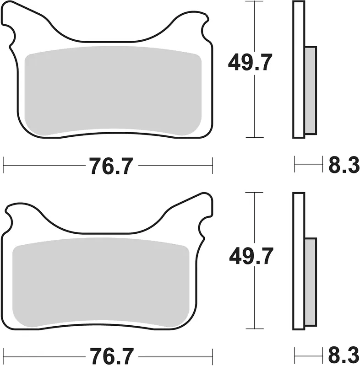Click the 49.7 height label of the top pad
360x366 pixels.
pos(250,62)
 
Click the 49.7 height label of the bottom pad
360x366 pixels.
pos(251,256)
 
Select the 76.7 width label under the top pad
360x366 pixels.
pos(111,166)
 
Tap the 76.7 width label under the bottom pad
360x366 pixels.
pos(112,356)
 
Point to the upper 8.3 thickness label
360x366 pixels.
pos(344,165)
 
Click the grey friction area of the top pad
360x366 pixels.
pos(113,91)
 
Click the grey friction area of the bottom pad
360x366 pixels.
pos(101,282)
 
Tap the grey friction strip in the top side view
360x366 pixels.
pos(311,90)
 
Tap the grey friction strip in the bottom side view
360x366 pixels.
pos(311,282)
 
